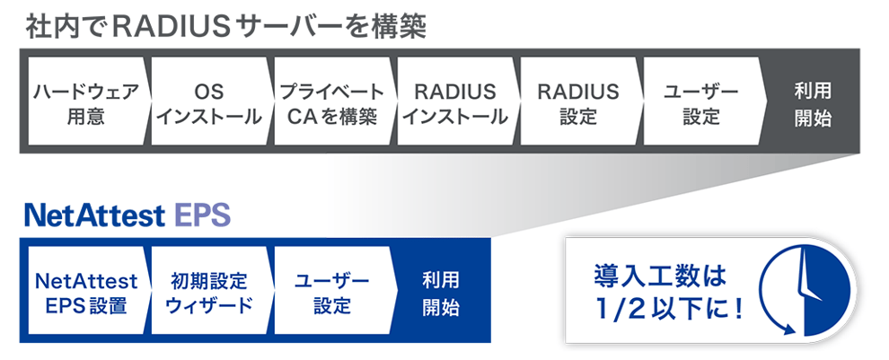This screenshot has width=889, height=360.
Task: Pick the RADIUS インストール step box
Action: click(x=456, y=101)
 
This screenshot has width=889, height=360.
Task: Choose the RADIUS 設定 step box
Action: click(x=579, y=101)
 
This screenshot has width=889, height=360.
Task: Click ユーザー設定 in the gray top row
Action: click(x=702, y=101)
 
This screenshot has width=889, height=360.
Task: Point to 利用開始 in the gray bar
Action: click(x=814, y=105)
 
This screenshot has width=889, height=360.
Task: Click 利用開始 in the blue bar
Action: click(x=441, y=294)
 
